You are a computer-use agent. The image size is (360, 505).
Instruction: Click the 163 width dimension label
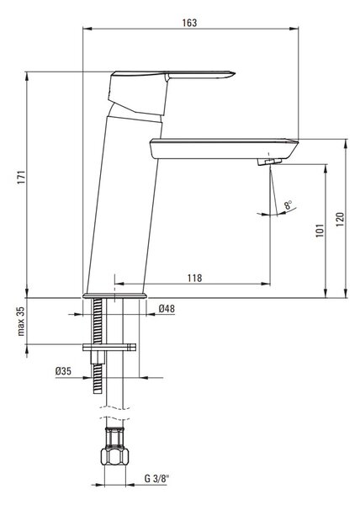click(x=189, y=23)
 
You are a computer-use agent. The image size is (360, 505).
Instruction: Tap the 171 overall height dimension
click(x=21, y=177)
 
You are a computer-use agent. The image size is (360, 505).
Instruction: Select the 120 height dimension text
click(x=340, y=220)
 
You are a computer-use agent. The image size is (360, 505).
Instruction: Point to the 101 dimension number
click(x=320, y=231)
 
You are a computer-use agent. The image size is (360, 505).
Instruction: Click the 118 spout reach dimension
click(x=194, y=278)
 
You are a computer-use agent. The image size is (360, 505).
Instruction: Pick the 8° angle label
click(x=288, y=205)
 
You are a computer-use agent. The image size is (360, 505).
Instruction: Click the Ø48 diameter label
click(x=167, y=309)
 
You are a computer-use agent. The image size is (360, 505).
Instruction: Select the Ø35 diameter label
click(x=63, y=371)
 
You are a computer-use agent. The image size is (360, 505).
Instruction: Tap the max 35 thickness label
click(x=21, y=322)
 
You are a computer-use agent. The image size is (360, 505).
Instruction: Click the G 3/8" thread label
click(x=156, y=479)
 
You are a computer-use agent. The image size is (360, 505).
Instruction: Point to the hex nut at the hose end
click(x=114, y=456)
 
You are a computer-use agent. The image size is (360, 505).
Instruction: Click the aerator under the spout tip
click(x=269, y=161)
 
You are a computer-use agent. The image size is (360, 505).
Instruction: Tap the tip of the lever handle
click(x=235, y=74)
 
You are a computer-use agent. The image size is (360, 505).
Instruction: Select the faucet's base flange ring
click(x=114, y=295)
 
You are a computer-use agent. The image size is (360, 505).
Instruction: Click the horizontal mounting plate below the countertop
click(x=109, y=347)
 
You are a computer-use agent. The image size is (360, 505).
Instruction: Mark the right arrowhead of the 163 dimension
click(x=294, y=29)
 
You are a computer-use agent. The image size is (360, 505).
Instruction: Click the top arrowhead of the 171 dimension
click(x=27, y=76)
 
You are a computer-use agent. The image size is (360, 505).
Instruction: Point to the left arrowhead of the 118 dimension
click(x=119, y=284)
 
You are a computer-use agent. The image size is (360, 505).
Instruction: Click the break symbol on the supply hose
click(x=114, y=413)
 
